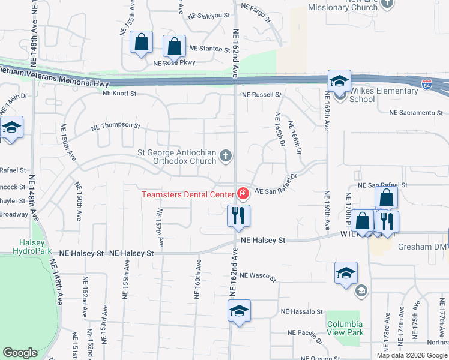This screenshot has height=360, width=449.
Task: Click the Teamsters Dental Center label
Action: [187, 194]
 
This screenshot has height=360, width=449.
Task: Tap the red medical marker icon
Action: [243, 193]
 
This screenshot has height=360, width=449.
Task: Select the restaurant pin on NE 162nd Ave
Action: [238, 215]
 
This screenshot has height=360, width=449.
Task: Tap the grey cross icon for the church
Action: [226, 157]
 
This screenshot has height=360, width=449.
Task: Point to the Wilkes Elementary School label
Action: [384, 95]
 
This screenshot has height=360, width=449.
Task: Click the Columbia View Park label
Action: [345, 328]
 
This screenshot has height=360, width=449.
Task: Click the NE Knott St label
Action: [119, 94]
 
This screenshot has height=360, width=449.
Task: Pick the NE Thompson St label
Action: [115, 127]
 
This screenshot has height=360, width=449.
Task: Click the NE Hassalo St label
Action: [302, 312]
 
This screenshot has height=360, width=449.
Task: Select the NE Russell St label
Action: [262, 95]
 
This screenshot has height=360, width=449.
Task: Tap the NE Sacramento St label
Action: [416, 112]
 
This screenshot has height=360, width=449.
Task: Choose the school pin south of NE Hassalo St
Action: [238, 311]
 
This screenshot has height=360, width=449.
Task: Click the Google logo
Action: [20, 353]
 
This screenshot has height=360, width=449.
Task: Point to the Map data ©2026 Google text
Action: [412, 355]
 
